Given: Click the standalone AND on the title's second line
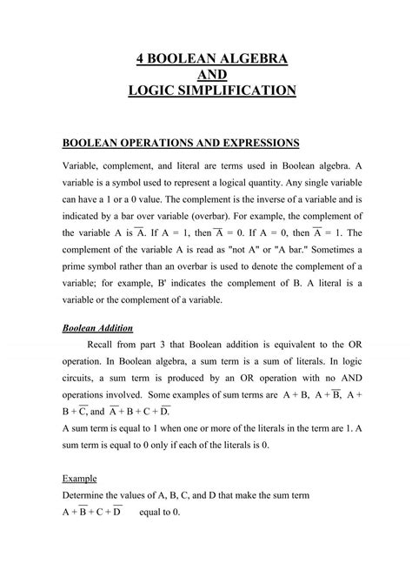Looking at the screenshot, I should click(206, 74).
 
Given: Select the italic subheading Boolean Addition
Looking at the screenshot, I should click(97, 329).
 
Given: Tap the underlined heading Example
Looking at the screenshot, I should click(81, 478).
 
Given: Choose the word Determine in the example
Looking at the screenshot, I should click(90, 494).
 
